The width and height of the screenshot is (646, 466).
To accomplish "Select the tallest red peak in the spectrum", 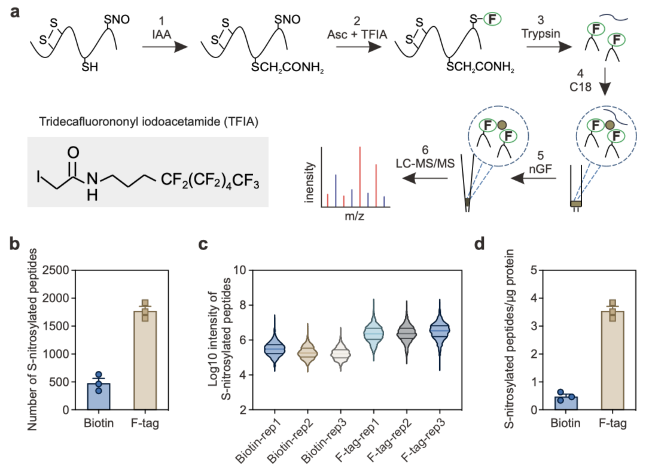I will coord(360,176).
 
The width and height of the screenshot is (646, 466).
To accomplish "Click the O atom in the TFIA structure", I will coord(74,151).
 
